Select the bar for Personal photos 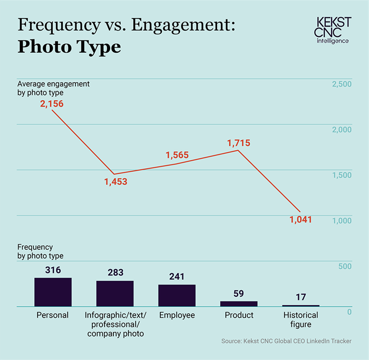[x=53, y=292]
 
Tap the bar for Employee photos [x=177, y=295]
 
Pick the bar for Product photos [x=239, y=304]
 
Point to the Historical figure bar [x=300, y=306]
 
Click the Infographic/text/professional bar [x=115, y=293]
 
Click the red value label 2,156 [x=52, y=104]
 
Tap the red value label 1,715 [x=238, y=143]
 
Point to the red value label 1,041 [x=300, y=219]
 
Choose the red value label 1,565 [x=177, y=155]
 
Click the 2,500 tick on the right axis [x=341, y=84]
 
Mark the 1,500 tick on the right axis [x=341, y=176]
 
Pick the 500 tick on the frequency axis [x=345, y=267]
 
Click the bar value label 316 [x=53, y=270]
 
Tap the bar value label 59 [x=238, y=294]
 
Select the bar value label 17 [x=300, y=297]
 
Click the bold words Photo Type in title [x=69, y=47]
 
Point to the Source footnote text [x=286, y=342]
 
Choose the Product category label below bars [x=239, y=315]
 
